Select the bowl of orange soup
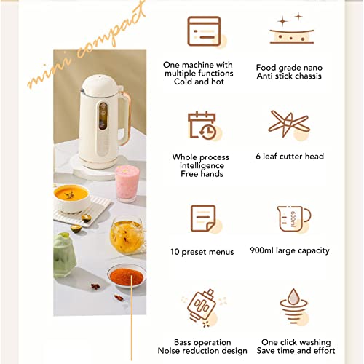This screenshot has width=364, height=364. coord(72,197)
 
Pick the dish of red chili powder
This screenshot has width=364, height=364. coord(126,274)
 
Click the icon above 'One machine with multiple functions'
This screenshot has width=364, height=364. coord(204,31)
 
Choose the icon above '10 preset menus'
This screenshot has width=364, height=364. coord(203,219)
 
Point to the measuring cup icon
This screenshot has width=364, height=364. coord(293,219)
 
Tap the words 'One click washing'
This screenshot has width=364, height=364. coord(296,342)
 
